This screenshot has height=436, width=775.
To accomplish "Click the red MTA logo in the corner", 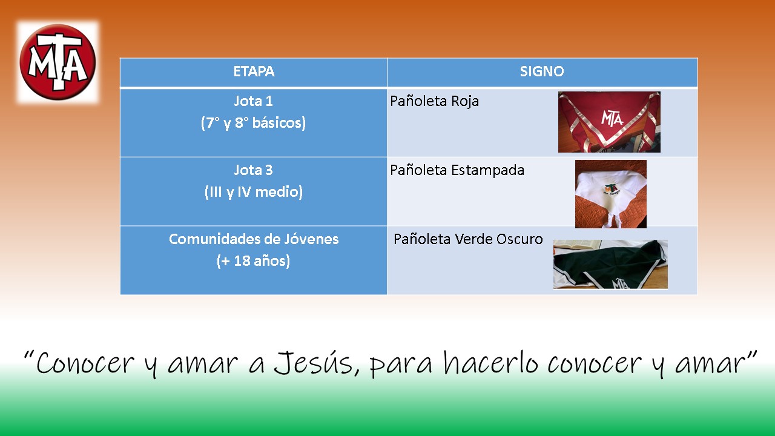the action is coord(58,62).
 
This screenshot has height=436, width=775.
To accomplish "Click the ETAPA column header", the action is coord(254,71).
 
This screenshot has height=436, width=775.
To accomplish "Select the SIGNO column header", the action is coord(542,71).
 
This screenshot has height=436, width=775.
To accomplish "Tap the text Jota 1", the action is coord(253,101).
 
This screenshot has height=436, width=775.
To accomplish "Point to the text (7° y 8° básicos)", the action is coord(253,123).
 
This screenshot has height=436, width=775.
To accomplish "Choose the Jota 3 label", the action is coord(253,170).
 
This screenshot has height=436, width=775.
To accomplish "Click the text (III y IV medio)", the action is coord(253,192).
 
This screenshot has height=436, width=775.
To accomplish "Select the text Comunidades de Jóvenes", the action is coord(254,239).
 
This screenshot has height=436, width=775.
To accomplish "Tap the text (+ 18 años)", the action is coord(253,261).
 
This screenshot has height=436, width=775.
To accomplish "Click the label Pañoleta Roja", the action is coord(435,101).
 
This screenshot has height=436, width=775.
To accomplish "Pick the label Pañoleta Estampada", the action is coord(457,170).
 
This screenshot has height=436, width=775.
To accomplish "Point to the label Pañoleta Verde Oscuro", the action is coord(468,239).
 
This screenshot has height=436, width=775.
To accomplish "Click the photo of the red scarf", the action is coord(609,122).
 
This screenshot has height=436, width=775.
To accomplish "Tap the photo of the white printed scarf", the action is coord(611,194).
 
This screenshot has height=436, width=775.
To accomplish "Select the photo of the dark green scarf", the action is coord(610,265).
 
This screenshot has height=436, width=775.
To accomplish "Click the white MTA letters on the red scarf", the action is coord(612,118).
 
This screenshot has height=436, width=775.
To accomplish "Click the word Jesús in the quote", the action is coord(317,363).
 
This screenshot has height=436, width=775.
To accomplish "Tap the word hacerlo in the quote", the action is coord(491,363).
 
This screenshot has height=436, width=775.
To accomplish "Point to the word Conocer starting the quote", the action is coord(85,363).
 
